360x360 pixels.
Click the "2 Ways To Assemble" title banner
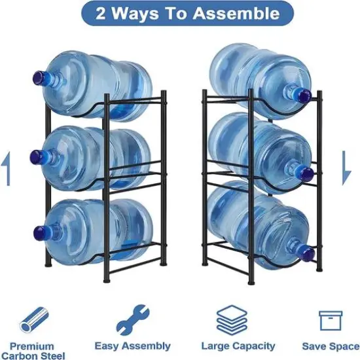coord(179,13)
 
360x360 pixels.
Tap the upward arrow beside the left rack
coord(7,170)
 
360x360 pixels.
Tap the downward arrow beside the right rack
coord(347,170)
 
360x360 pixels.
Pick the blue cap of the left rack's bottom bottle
coord(39,232)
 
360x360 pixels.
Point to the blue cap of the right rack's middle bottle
coord(306,173)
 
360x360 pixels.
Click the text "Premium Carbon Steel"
coord(35,350)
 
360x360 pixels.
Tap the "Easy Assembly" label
coord(132,346)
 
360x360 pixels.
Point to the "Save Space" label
coord(331,346)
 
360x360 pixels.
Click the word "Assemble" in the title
coord(239,13)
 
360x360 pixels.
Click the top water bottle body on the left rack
coord(98,85)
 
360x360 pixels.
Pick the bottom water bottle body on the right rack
coord(255,226)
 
